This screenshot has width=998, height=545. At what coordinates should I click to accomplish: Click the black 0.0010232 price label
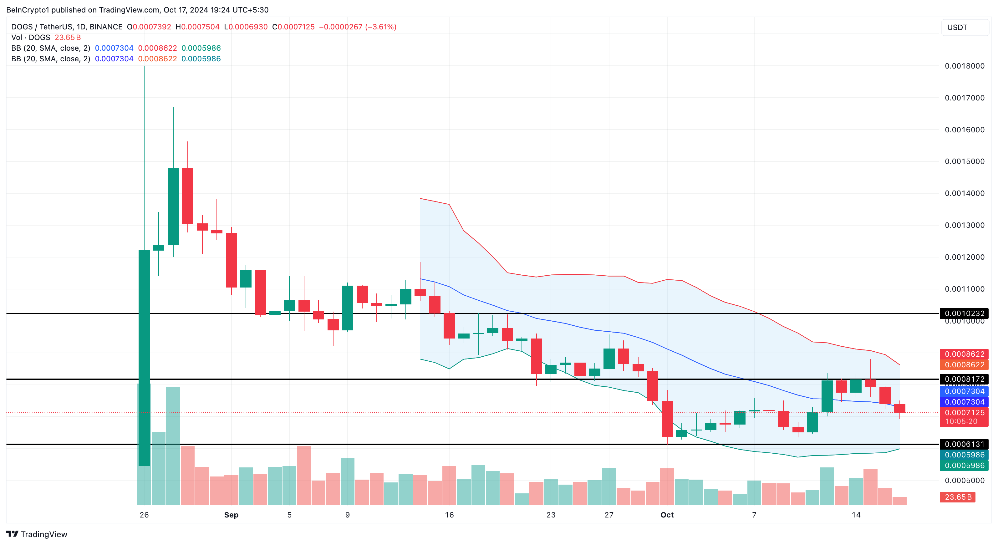pos(964,313)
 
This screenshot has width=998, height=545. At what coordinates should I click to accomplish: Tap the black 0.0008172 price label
pos(964,379)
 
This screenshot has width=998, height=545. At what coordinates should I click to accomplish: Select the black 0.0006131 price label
pos(964,444)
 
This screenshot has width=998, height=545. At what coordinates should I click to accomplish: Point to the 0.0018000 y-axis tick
pos(964,66)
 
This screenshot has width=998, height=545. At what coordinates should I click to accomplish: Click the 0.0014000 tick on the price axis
pos(964,193)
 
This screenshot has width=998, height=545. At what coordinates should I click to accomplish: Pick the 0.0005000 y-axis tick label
pos(964,480)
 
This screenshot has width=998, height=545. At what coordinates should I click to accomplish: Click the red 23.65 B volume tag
pos(958,497)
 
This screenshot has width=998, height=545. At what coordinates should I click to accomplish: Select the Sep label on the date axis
pos(231,515)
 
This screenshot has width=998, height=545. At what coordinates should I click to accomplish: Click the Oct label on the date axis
pos(667,515)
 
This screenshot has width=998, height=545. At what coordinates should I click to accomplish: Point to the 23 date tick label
pos(551,515)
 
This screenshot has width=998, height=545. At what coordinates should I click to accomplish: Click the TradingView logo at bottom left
pos(37,534)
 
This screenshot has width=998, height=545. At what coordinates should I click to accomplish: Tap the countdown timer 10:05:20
pos(961,421)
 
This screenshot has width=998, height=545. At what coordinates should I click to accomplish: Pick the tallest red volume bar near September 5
pos(304,475)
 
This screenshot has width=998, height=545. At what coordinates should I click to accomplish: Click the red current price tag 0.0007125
pos(964,413)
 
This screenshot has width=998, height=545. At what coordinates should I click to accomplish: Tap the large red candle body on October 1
pos(667,418)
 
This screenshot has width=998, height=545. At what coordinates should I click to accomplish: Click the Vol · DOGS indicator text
pos(31,38)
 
